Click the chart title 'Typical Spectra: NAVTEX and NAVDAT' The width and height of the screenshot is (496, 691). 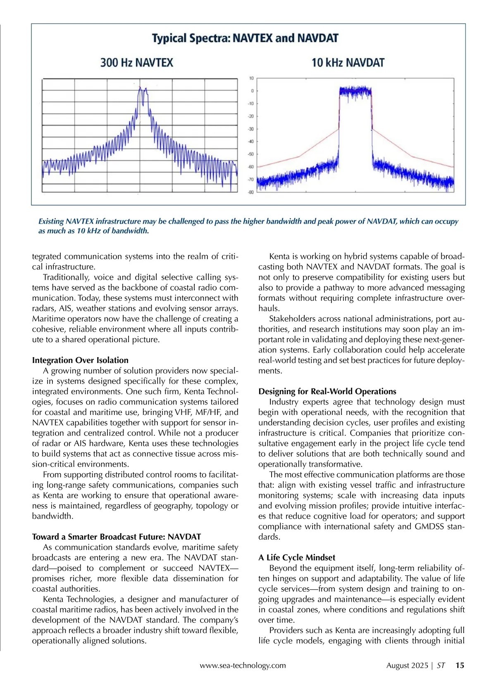point(245,38)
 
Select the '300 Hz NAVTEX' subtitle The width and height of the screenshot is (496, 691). point(136,63)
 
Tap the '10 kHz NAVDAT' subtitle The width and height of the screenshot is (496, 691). point(348,63)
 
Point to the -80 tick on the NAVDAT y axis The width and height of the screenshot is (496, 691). point(250,192)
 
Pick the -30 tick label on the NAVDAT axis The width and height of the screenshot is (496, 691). point(250,129)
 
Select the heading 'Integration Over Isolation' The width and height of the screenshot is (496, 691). point(80,360)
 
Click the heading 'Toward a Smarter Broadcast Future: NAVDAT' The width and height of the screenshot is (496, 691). point(117,537)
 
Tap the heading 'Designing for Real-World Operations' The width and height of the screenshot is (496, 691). point(327,391)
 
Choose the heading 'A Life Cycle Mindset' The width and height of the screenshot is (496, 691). point(297,558)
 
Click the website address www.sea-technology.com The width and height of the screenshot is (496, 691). point(243,665)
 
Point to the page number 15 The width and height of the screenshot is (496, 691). point(460,665)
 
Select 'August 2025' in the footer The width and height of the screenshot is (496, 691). point(407,665)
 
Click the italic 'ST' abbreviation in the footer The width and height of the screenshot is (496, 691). point(441,665)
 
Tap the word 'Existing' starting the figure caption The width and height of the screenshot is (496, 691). point(51,221)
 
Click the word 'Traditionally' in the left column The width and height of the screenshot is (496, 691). point(66,277)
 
